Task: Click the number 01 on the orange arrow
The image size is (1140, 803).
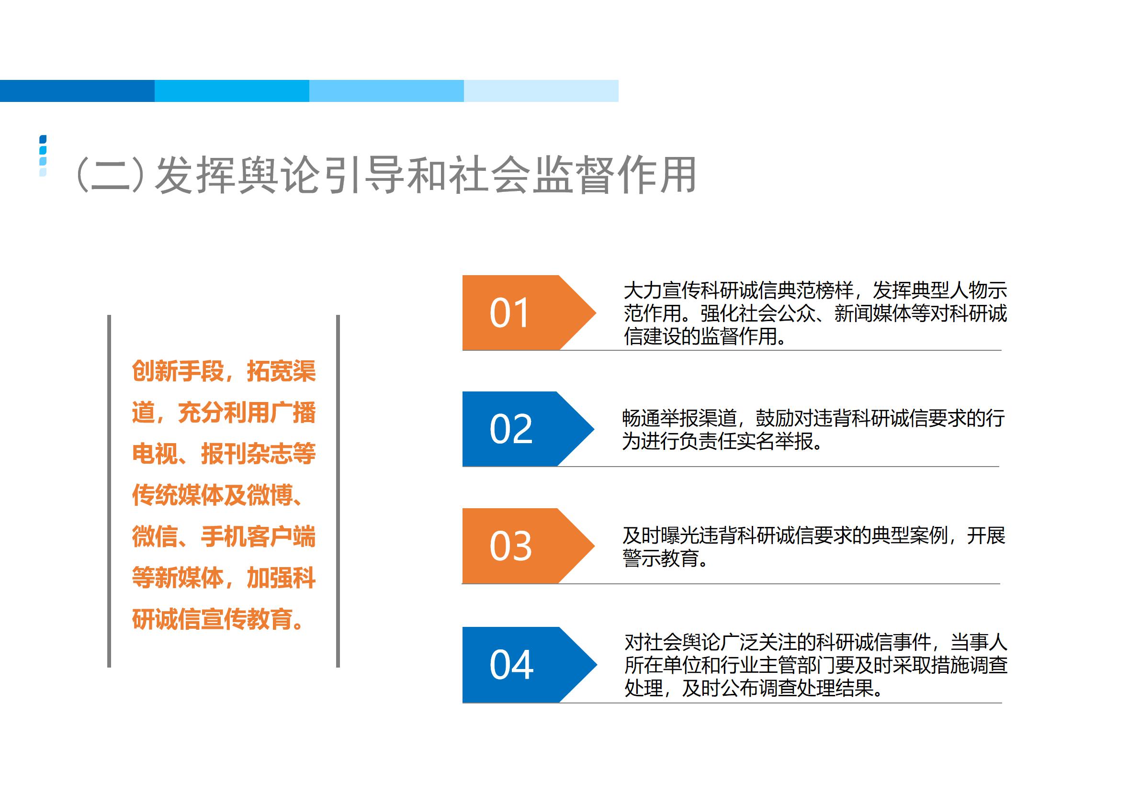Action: tap(509, 313)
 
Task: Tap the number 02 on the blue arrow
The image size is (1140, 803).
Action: tap(511, 429)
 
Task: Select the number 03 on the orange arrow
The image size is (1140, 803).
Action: tap(511, 546)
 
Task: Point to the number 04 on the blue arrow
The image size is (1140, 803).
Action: tap(511, 665)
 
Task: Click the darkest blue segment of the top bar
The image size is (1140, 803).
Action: tap(78, 91)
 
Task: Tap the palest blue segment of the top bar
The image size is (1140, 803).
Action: tap(541, 91)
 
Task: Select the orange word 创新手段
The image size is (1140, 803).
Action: tap(178, 371)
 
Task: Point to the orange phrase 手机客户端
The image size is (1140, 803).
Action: tap(258, 536)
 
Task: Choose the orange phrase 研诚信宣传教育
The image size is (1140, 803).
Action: tap(212, 619)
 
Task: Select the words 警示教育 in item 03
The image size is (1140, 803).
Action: tap(661, 558)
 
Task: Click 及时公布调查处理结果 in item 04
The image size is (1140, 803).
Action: tap(778, 688)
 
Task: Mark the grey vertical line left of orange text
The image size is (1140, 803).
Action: tap(109, 491)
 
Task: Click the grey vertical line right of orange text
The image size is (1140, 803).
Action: tap(338, 491)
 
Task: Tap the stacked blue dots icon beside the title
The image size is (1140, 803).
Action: tap(43, 156)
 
